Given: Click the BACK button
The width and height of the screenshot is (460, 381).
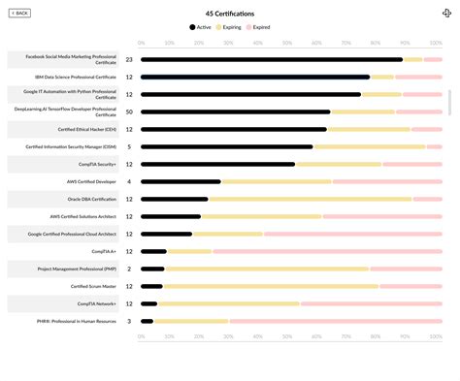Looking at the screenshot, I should (19, 14).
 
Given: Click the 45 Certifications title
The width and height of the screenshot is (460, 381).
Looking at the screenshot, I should (230, 14).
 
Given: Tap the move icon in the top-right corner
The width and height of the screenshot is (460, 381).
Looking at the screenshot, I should (446, 14).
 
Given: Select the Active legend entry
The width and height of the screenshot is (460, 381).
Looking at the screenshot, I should (199, 27).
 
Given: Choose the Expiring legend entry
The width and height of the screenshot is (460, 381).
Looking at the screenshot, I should (230, 27).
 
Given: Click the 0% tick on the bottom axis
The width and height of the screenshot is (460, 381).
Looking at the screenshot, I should (142, 337).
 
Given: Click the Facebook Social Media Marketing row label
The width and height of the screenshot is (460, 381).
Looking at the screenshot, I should (63, 59).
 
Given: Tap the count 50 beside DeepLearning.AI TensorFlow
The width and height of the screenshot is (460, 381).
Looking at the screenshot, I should (129, 111).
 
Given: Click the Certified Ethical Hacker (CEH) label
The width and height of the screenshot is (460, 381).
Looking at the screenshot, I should (63, 129).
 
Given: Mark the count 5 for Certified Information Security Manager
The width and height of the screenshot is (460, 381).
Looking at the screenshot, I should (129, 146).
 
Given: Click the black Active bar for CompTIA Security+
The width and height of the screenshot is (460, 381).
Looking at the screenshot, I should (218, 164).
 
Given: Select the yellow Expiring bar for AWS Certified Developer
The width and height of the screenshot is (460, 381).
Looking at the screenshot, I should (277, 181).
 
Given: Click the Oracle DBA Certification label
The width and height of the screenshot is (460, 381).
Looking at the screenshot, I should (63, 199).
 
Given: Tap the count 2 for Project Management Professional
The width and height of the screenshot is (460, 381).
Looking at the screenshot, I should (129, 269).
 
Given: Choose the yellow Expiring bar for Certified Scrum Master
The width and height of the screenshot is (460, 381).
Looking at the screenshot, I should (271, 286).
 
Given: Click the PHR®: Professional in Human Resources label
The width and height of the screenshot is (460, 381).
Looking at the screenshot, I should (63, 321).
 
